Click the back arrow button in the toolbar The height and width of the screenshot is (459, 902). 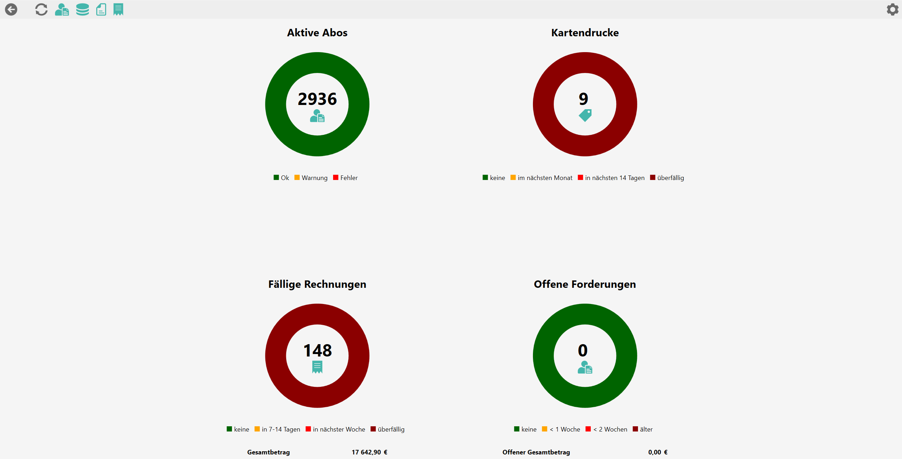tap(11, 10)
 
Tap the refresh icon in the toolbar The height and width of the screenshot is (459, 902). tap(41, 10)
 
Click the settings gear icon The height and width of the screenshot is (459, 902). tap(892, 10)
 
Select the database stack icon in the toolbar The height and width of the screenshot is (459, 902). tap(82, 10)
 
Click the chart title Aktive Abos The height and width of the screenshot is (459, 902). tap(317, 33)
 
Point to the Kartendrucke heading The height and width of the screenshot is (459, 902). tap(585, 33)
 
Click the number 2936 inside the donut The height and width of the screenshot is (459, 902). tap(317, 99)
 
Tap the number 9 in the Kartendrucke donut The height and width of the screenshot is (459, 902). tap(583, 99)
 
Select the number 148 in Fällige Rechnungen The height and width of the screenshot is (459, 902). tap(317, 351)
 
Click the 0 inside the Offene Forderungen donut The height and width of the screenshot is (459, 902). tap(583, 351)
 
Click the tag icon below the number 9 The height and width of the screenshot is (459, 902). tap(585, 115)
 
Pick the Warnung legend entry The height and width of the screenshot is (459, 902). tap(311, 178)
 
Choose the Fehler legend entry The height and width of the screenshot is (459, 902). tap(345, 178)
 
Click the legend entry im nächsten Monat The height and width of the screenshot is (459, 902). tap(541, 178)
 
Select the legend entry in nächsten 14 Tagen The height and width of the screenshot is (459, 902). tap(611, 178)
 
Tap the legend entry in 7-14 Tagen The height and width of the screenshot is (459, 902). tap(277, 429)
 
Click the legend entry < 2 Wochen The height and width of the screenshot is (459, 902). tap(606, 429)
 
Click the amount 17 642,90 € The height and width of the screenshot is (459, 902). tap(369, 452)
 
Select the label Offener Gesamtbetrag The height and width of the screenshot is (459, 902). tap(536, 452)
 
